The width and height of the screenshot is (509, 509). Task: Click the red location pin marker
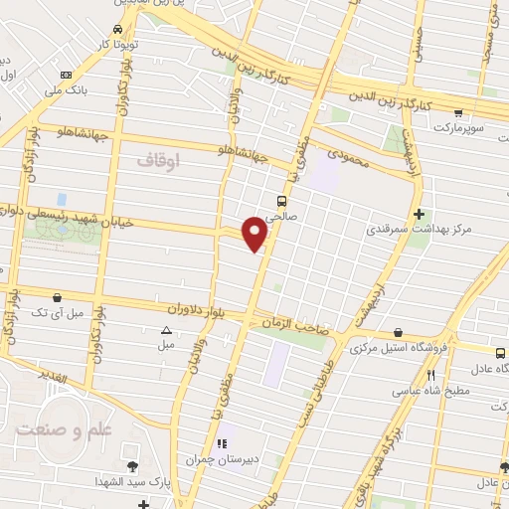tap(254, 233)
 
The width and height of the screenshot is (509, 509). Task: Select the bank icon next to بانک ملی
tap(66, 75)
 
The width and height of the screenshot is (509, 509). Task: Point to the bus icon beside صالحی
tap(283, 201)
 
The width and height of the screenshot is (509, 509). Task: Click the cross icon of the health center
tap(420, 214)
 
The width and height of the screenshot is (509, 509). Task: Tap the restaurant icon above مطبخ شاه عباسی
tap(430, 375)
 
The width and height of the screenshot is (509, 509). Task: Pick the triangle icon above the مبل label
tap(166, 331)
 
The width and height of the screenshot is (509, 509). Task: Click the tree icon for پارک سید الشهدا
tap(131, 466)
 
